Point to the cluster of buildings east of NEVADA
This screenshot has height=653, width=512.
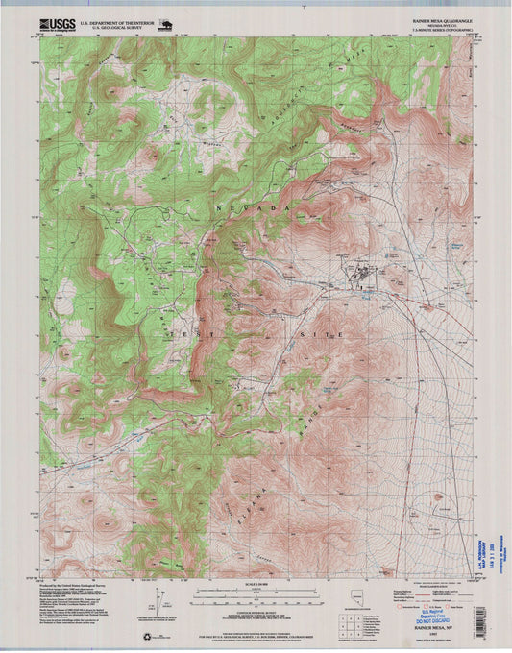363,277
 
